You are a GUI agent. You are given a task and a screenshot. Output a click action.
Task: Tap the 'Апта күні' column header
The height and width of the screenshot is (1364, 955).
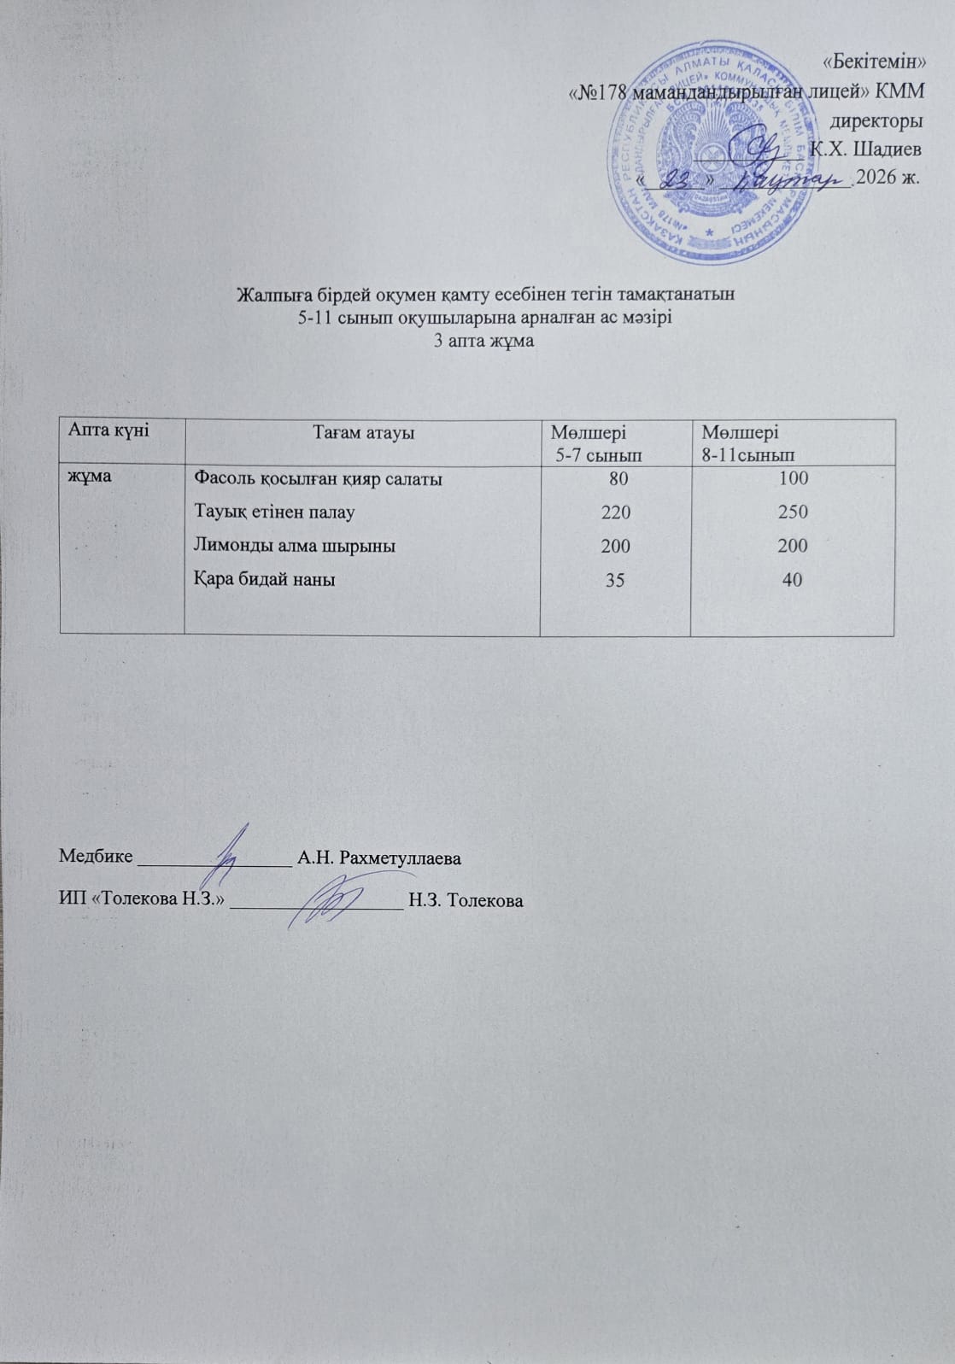tap(108, 430)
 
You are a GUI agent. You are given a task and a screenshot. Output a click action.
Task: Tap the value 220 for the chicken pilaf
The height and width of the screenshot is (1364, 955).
tap(616, 512)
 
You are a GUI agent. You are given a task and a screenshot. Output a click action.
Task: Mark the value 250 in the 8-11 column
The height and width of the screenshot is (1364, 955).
tap(792, 512)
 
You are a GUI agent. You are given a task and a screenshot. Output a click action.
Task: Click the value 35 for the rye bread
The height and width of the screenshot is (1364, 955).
tap(615, 580)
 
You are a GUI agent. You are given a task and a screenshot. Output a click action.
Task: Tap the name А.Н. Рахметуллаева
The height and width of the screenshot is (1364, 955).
tap(378, 858)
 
